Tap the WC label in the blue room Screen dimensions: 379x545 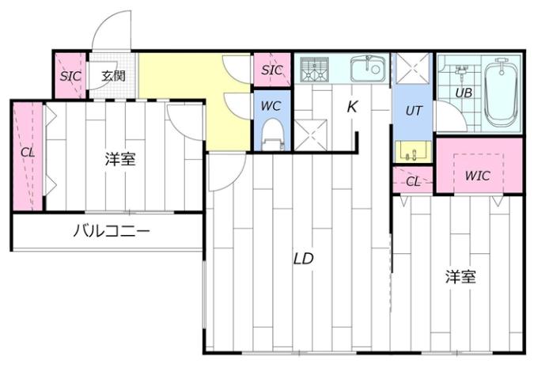point(271,105)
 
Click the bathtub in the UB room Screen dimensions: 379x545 point(500,93)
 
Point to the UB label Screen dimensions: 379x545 point(463,92)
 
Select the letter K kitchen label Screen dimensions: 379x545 point(353,105)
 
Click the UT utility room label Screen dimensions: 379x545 point(413,111)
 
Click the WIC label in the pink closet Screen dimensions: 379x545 point(478,176)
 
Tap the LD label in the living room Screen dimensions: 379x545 point(304,258)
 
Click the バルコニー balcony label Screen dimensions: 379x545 point(112,232)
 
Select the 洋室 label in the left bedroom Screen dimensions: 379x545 point(120,159)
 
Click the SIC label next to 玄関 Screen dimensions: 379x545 point(69,76)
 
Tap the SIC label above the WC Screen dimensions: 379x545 point(271,70)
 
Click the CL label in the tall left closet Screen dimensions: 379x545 point(28,152)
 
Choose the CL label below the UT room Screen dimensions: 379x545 point(413,181)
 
